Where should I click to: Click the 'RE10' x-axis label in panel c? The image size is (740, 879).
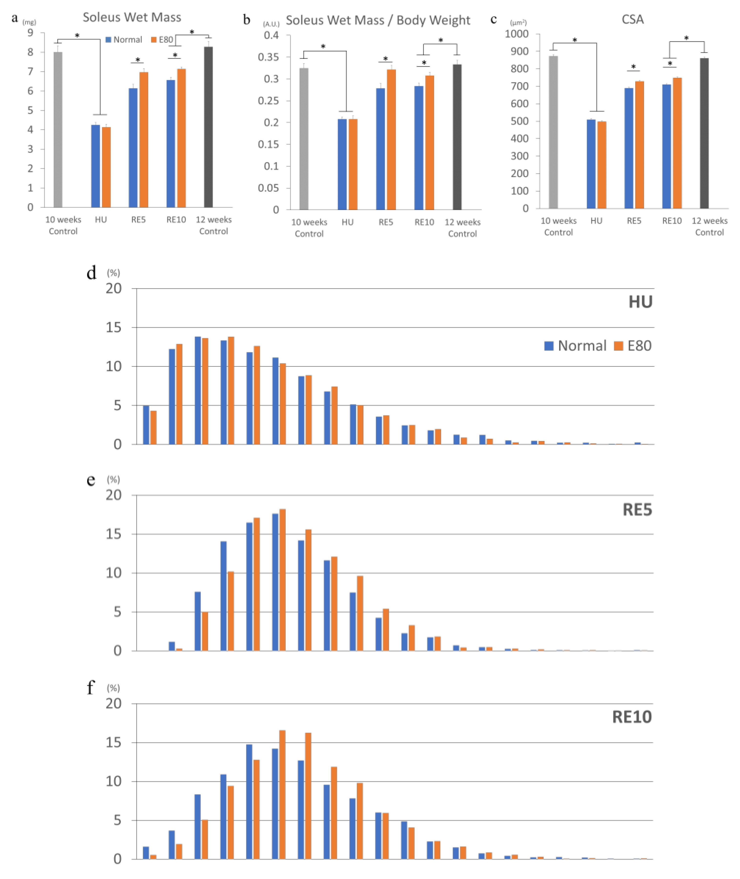click(672, 221)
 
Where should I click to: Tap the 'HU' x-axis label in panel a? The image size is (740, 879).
click(101, 219)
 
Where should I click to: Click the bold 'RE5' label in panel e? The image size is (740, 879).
click(637, 510)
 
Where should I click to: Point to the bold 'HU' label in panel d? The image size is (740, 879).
click(640, 302)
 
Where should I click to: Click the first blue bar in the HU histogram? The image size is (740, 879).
click(146, 424)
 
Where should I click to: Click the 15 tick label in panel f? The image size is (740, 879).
click(113, 743)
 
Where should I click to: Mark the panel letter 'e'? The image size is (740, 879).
click(91, 480)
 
